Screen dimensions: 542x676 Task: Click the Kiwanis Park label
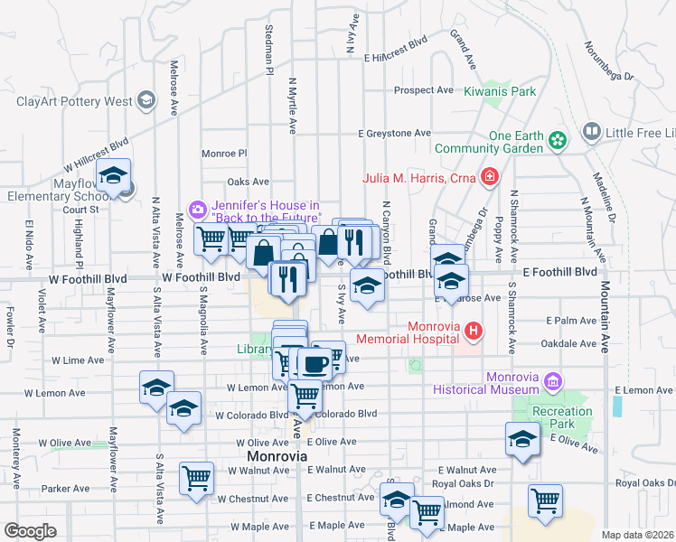point(500,91)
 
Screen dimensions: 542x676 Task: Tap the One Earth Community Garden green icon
point(559,140)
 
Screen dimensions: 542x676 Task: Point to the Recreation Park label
point(563,417)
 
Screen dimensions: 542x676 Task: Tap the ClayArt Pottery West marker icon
point(146,101)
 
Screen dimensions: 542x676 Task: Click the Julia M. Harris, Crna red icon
point(489,177)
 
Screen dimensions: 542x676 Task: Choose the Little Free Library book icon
point(591,133)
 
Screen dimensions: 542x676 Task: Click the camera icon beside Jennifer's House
point(197,210)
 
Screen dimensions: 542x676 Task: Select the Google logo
point(30,531)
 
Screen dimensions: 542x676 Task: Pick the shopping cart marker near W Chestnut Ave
point(196,478)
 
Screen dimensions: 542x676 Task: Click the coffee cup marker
point(314,363)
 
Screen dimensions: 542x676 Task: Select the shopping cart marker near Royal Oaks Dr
point(545,500)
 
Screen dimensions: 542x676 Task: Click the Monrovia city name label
point(277,457)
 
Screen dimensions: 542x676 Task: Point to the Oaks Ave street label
point(249,182)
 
